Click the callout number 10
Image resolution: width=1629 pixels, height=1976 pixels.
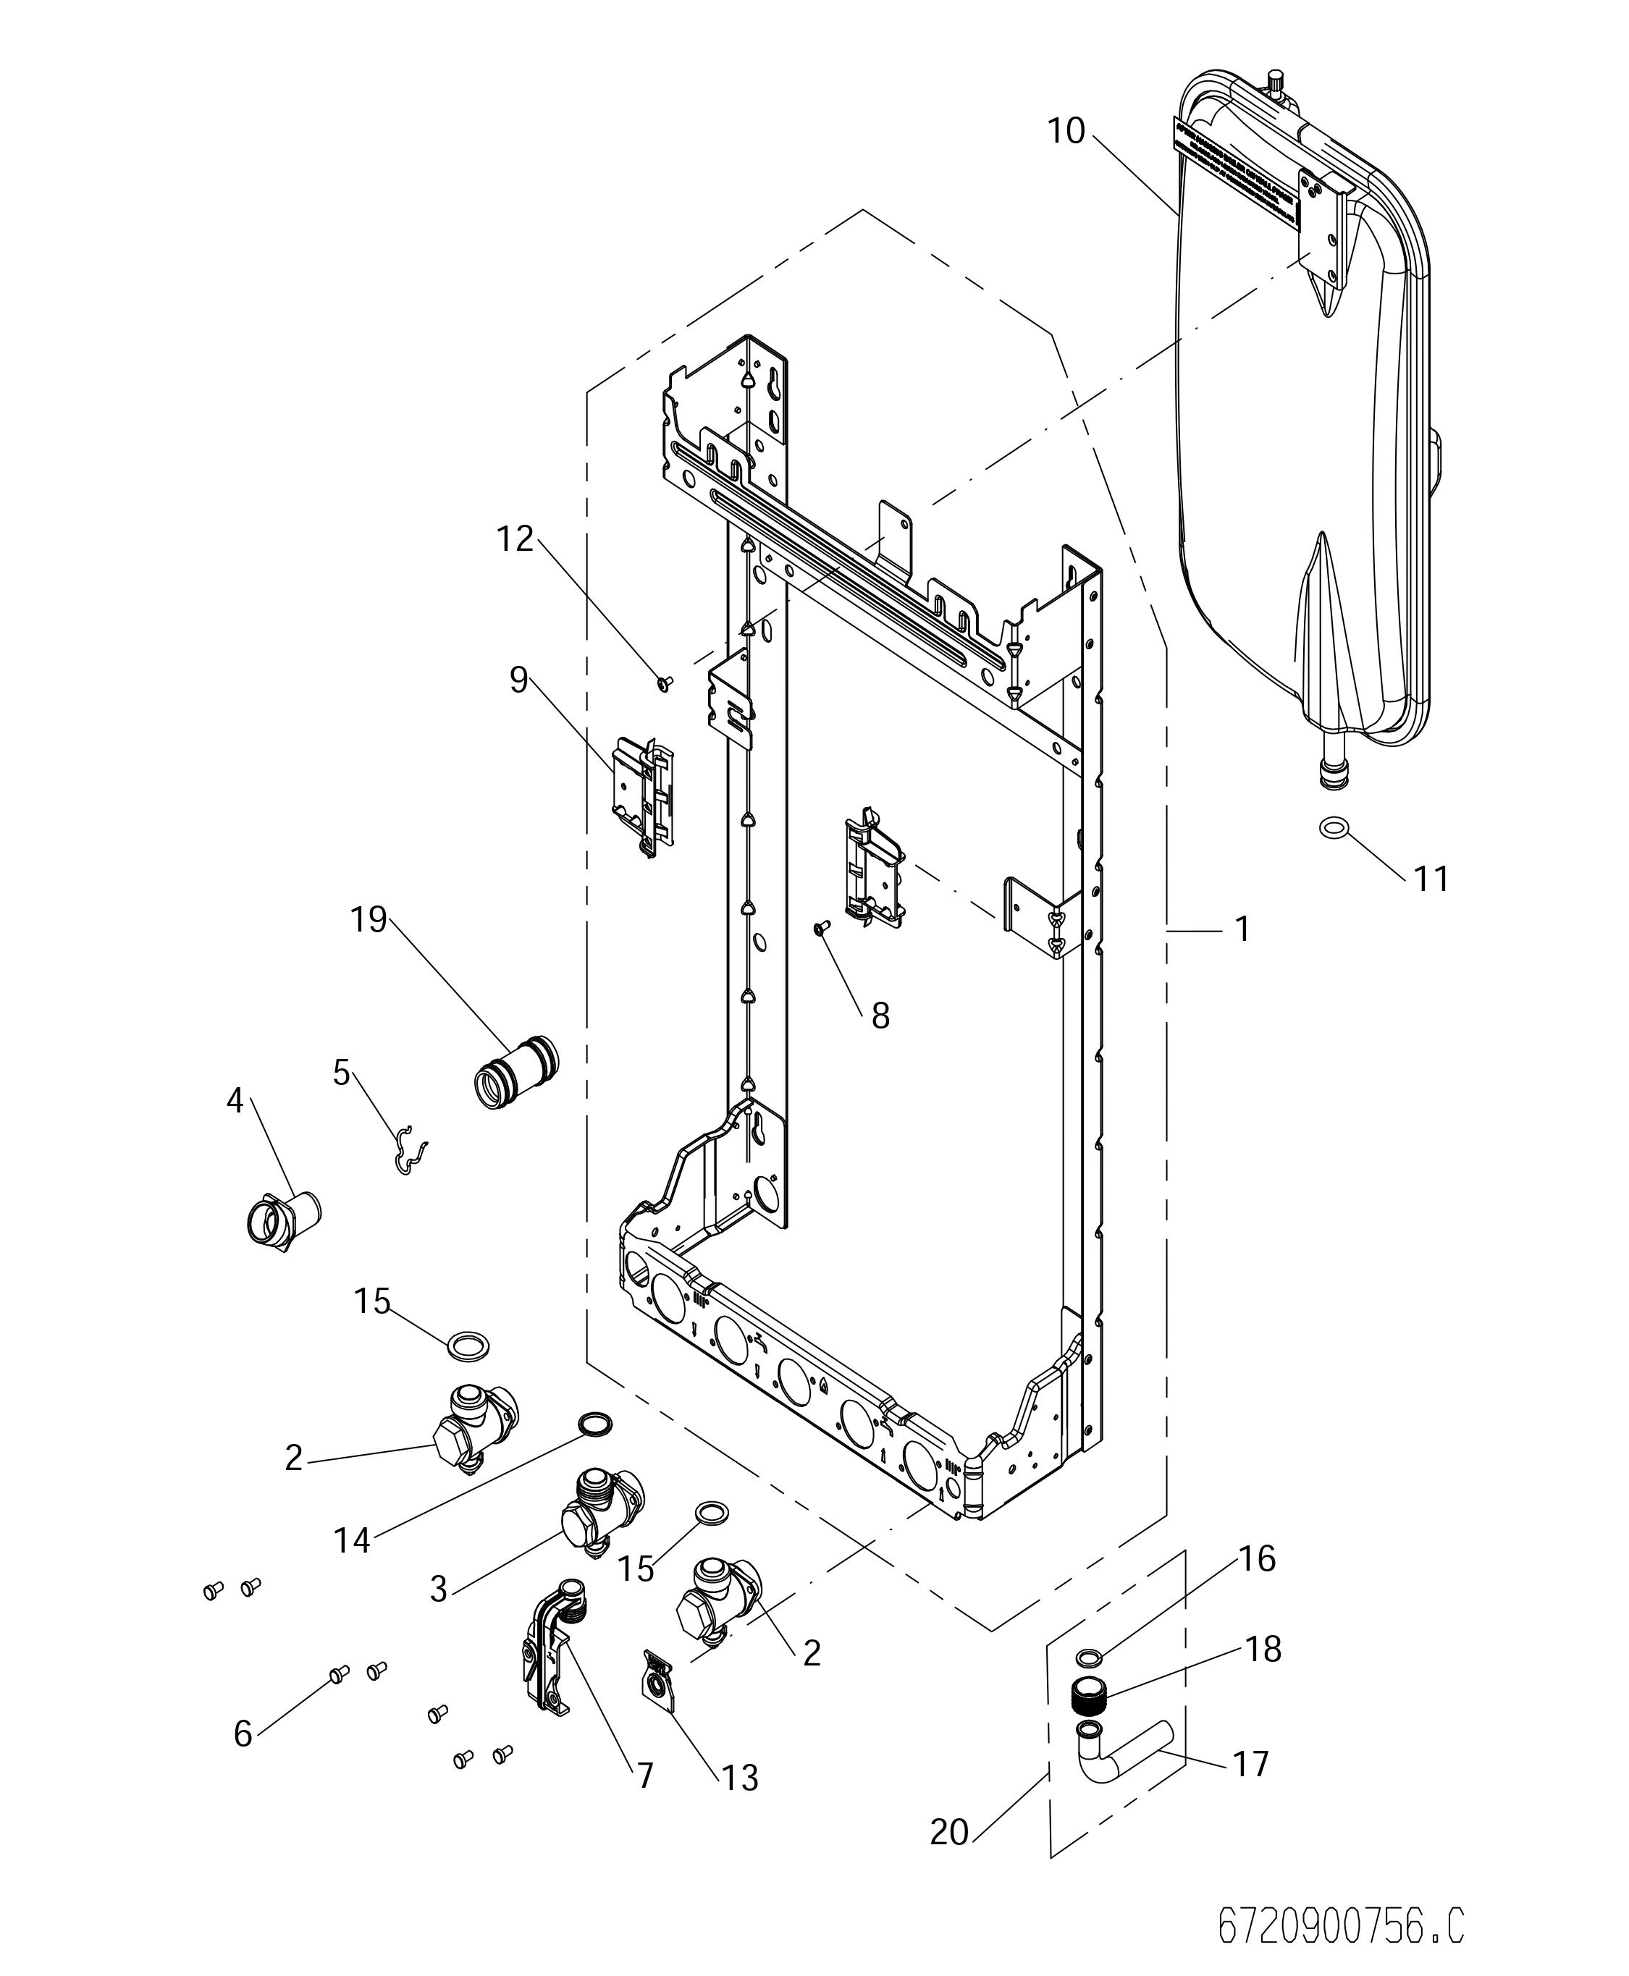[x=1066, y=130]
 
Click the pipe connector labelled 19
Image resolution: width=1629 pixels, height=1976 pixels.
[x=515, y=1071]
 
